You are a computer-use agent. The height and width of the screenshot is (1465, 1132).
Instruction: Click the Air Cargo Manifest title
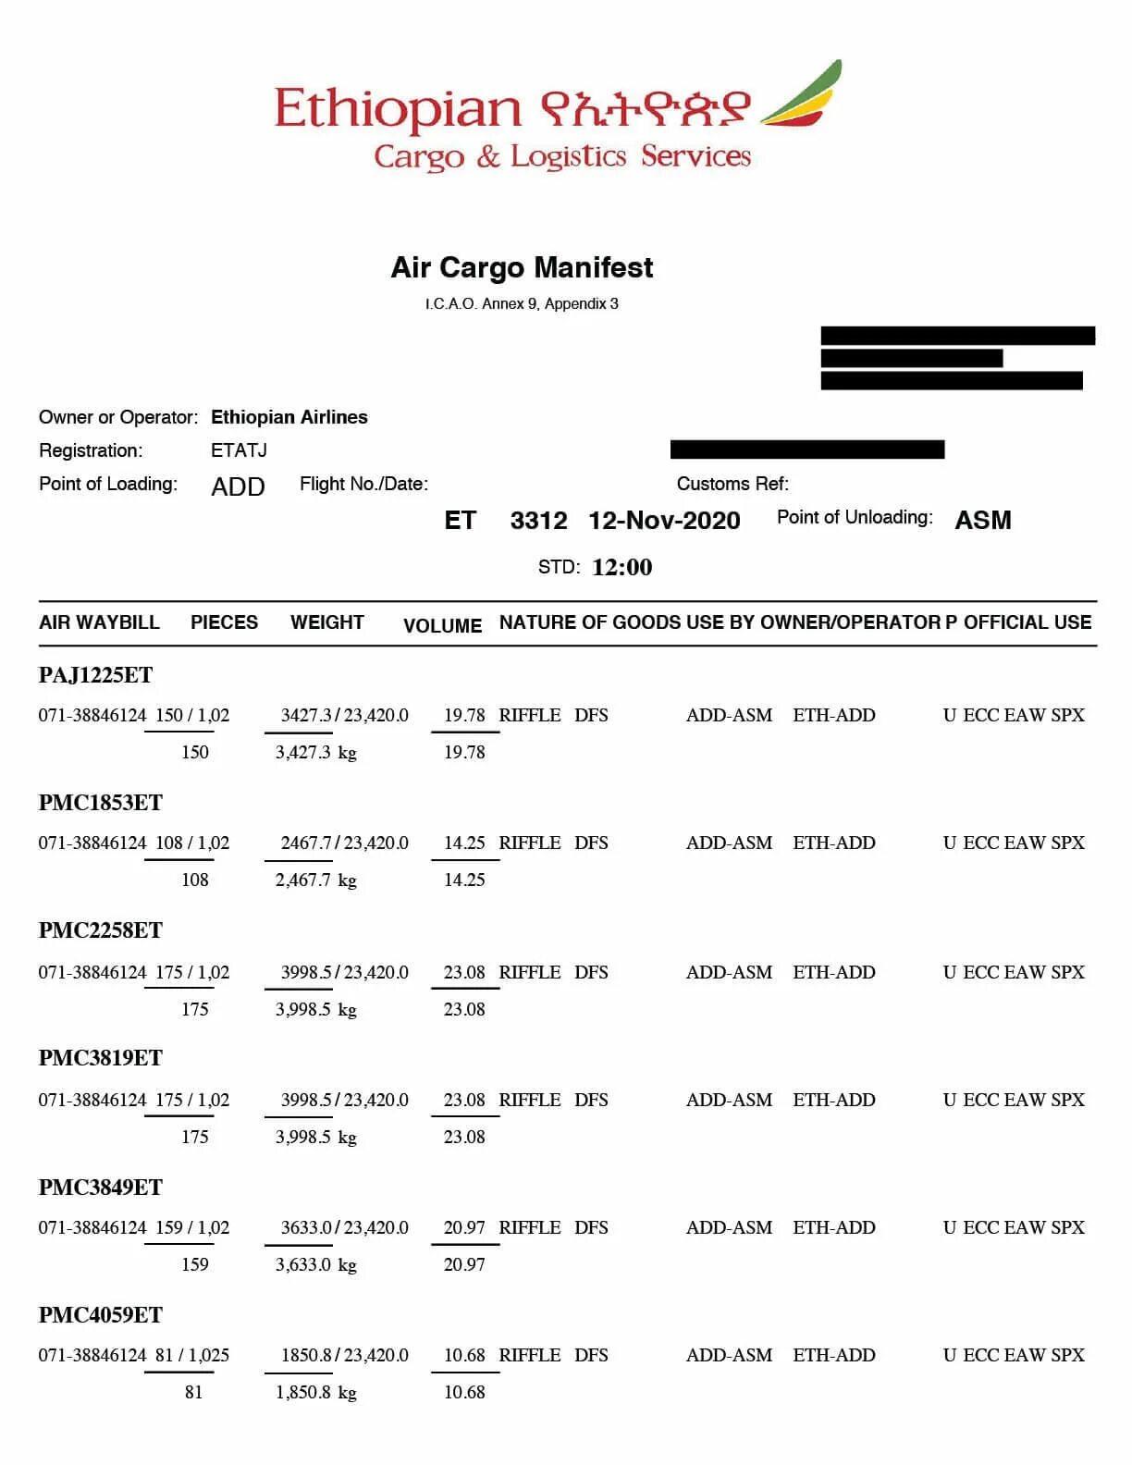(x=522, y=268)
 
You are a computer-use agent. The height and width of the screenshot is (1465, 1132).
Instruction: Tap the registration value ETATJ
(x=239, y=450)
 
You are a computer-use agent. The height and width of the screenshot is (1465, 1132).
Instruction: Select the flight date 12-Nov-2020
(x=664, y=521)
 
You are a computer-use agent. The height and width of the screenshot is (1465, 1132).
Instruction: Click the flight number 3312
(x=538, y=521)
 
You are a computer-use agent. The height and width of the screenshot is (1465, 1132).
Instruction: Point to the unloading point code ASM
(x=982, y=521)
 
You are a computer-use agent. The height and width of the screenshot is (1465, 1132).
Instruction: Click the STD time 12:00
(x=621, y=567)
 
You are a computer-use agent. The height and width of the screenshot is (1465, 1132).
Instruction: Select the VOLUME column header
(x=442, y=626)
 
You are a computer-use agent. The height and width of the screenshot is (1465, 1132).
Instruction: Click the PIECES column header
(x=224, y=622)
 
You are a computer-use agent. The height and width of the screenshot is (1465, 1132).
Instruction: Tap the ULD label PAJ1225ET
(x=95, y=675)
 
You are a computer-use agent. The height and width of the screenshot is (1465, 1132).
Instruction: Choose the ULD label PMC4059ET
(x=100, y=1315)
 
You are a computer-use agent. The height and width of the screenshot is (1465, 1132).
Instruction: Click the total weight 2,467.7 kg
(x=315, y=880)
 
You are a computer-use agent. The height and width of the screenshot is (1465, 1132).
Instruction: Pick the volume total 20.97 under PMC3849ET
(x=464, y=1264)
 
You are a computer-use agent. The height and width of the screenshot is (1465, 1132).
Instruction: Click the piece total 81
(x=193, y=1392)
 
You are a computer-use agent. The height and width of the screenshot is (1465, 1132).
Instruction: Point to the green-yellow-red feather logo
(x=803, y=94)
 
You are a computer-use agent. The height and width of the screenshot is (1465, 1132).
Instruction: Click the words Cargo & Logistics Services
(x=561, y=156)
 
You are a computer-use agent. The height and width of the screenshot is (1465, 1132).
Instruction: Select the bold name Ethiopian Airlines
(x=289, y=417)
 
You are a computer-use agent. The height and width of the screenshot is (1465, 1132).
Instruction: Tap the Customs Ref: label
(x=732, y=484)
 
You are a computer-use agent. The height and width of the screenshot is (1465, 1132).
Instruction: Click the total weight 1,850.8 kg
(x=315, y=1392)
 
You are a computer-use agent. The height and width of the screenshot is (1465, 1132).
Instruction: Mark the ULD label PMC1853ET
(x=100, y=803)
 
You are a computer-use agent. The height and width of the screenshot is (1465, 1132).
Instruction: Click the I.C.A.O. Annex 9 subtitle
(x=522, y=304)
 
